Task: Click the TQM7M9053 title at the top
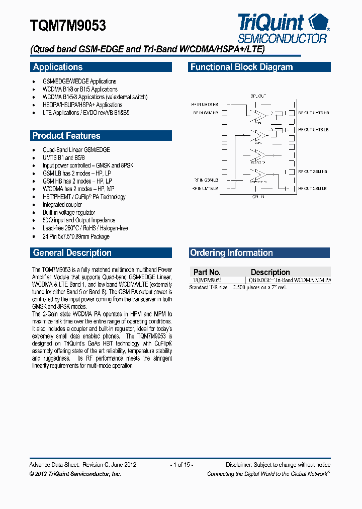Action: coord(68,25)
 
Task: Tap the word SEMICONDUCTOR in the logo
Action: coord(282,38)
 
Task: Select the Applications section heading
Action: coord(58,67)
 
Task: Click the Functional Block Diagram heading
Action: coord(241,67)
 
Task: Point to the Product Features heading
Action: coord(66,135)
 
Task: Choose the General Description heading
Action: coord(72,252)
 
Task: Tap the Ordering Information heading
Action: coord(231,252)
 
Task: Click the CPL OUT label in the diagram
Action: coord(258,96)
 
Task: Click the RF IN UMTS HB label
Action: coord(205,104)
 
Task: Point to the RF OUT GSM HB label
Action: coord(313,172)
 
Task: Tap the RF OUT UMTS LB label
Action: coord(313,130)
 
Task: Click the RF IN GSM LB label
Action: coord(205,180)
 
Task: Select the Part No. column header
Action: coord(207,272)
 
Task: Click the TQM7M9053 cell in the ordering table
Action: coord(208,280)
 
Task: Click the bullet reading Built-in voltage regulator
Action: coord(69,213)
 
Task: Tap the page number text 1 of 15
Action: coord(182,465)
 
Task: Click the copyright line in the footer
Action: coord(75,474)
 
